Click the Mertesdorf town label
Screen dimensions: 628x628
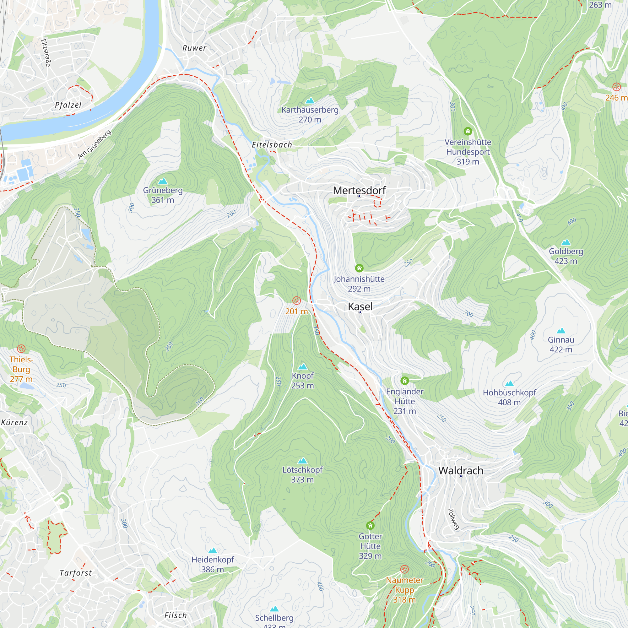click(x=359, y=191)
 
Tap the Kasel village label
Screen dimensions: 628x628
click(x=360, y=306)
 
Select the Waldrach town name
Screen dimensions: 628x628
click(x=461, y=471)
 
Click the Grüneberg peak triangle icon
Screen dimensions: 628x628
click(x=163, y=181)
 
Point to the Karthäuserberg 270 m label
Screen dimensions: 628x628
click(x=310, y=114)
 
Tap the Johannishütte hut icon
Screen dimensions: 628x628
click(x=359, y=268)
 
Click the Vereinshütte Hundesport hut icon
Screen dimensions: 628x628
click(x=468, y=131)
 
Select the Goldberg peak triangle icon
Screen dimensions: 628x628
click(x=566, y=242)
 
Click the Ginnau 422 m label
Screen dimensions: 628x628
click(x=561, y=344)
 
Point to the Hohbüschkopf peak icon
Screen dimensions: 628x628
click(x=509, y=384)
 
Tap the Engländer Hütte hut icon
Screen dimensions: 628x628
click(x=404, y=380)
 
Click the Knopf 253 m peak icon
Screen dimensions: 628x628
click(x=303, y=367)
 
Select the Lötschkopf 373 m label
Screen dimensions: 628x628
click(x=302, y=474)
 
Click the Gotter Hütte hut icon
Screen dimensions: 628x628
click(x=370, y=526)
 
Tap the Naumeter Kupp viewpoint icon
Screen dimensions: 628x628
click(x=404, y=569)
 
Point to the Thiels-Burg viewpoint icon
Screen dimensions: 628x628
click(x=21, y=349)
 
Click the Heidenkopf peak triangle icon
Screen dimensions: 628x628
click(x=213, y=550)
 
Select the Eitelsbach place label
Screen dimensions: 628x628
click(x=272, y=145)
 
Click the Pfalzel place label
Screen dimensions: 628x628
click(x=68, y=105)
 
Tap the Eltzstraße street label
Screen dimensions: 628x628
click(x=46, y=53)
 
